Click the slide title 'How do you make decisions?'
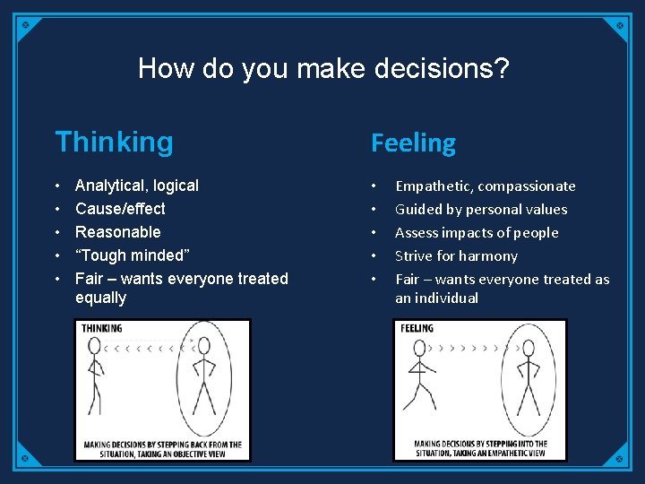click(323, 68)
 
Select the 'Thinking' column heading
click(114, 142)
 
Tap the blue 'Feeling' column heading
click(413, 143)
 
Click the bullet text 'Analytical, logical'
click(137, 186)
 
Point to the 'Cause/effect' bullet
click(120, 209)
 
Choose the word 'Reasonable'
click(118, 232)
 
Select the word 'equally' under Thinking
click(100, 298)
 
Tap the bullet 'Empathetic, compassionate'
click(485, 186)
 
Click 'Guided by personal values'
click(481, 210)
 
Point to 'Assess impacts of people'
click(477, 233)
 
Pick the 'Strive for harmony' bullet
click(456, 256)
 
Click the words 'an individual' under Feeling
click(436, 298)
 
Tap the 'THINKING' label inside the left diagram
click(102, 329)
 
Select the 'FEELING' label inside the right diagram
click(417, 329)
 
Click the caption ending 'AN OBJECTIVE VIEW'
click(163, 449)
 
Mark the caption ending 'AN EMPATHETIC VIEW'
click(480, 448)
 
